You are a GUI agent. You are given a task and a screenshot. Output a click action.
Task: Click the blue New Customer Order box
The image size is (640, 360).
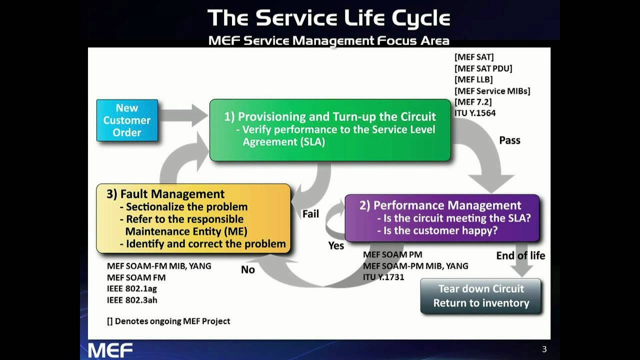(x=127, y=120)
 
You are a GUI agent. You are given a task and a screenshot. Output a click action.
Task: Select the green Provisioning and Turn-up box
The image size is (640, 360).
(x=330, y=129)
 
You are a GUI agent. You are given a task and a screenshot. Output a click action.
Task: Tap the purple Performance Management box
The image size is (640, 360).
(x=442, y=218)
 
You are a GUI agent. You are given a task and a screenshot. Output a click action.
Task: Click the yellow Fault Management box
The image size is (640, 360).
(x=193, y=218)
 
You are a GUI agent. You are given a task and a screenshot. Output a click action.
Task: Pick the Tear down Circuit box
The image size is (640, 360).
(x=480, y=296)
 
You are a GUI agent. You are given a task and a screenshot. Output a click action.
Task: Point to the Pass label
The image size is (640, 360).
(x=509, y=140)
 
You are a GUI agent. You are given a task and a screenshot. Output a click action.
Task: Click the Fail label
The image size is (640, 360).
(x=310, y=214)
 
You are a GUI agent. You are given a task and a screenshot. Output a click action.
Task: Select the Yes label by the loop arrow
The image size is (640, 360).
(x=336, y=245)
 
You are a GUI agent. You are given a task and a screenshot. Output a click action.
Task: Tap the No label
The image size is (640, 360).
(x=248, y=270)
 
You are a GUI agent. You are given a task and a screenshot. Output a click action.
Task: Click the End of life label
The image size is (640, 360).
(x=520, y=256)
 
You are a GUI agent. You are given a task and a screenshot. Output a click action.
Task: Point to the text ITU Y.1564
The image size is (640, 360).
(x=475, y=113)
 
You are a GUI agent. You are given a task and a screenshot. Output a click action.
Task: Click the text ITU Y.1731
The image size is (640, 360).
(x=383, y=277)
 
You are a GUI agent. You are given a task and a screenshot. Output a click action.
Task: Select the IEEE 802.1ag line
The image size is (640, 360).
(x=132, y=288)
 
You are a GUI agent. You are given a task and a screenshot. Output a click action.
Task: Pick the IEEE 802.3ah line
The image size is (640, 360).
(x=132, y=300)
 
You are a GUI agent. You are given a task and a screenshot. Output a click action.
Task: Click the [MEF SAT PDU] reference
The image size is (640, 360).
(x=483, y=68)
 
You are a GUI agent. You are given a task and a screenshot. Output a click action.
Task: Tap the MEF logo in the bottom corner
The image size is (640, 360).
(x=110, y=350)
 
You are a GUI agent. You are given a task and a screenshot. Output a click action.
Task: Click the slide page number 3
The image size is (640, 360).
(x=544, y=349)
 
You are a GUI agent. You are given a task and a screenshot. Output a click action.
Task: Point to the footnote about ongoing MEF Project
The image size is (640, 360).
(x=168, y=321)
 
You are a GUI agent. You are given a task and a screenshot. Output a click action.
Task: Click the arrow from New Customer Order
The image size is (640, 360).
(x=183, y=116)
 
